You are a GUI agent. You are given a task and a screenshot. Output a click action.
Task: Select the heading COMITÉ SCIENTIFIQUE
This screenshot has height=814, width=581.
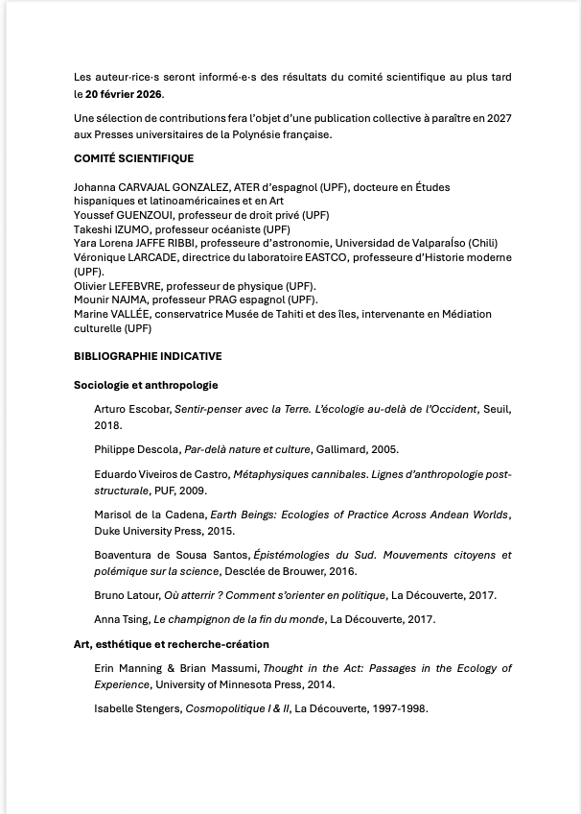click(x=133, y=158)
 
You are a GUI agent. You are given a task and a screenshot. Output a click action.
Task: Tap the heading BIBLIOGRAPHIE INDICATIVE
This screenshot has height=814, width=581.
click(x=148, y=356)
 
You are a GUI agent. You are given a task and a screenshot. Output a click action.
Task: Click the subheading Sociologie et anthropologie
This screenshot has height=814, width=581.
click(x=146, y=385)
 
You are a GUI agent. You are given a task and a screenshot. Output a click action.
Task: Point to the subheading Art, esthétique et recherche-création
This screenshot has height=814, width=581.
click(x=172, y=644)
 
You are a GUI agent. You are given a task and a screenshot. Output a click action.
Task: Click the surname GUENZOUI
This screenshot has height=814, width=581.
click(x=144, y=216)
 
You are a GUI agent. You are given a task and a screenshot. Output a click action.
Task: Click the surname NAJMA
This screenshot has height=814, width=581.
click(x=129, y=300)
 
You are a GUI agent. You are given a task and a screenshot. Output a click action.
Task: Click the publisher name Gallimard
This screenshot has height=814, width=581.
click(x=342, y=449)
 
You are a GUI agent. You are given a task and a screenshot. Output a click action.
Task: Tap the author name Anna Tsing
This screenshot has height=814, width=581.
click(x=121, y=619)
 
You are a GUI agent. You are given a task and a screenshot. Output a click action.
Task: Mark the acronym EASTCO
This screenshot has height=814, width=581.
click(x=319, y=258)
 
